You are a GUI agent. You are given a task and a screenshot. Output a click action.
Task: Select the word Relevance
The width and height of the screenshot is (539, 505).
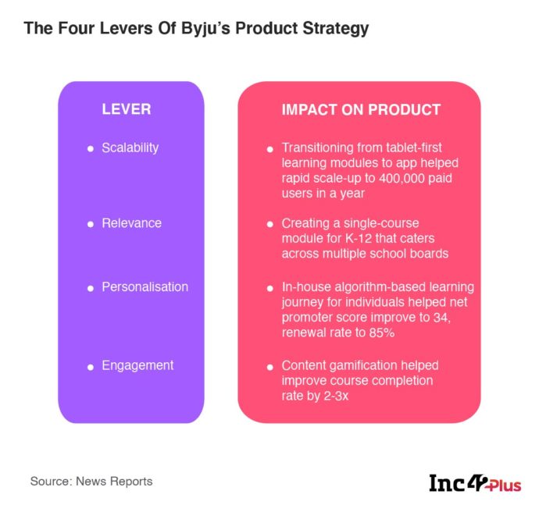coord(131,223)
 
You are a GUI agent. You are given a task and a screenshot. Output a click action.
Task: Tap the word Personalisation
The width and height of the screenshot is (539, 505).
coord(145,287)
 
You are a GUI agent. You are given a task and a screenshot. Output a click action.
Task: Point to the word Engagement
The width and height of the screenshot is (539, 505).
coord(137,365)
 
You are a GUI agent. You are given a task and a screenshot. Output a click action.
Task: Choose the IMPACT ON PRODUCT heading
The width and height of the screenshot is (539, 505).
coord(361,110)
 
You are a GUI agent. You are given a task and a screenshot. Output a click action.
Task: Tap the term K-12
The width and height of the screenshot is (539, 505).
coord(364,238)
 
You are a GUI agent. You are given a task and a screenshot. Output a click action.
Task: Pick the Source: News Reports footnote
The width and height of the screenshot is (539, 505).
coord(91,482)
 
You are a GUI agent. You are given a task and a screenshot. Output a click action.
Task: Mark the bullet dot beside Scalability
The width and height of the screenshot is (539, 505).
coord(91,148)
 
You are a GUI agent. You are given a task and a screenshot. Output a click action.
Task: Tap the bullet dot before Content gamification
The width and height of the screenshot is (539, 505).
coord(269,366)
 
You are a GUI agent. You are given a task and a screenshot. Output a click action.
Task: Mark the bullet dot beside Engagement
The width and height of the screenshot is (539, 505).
coord(91,366)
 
